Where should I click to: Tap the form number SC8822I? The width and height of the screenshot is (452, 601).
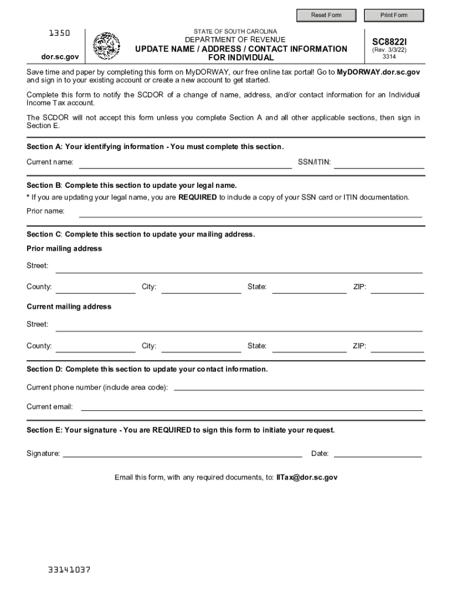tap(389, 42)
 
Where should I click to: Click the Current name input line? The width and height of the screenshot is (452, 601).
tap(185, 163)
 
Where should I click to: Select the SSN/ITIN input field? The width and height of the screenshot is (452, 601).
tap(379, 163)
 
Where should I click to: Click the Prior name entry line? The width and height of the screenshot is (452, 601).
tap(251, 212)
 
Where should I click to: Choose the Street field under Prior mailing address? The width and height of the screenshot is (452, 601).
tap(239, 267)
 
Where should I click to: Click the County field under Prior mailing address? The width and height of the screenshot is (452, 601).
tap(95, 288)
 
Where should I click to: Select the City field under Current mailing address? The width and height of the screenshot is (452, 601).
tap(201, 347)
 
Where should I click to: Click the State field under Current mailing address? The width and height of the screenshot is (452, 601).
tap(309, 347)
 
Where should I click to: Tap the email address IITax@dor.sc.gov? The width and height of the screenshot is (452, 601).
tap(307, 478)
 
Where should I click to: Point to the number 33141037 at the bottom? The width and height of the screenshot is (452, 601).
tap(69, 570)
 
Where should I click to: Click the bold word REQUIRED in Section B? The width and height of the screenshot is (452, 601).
tap(198, 197)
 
